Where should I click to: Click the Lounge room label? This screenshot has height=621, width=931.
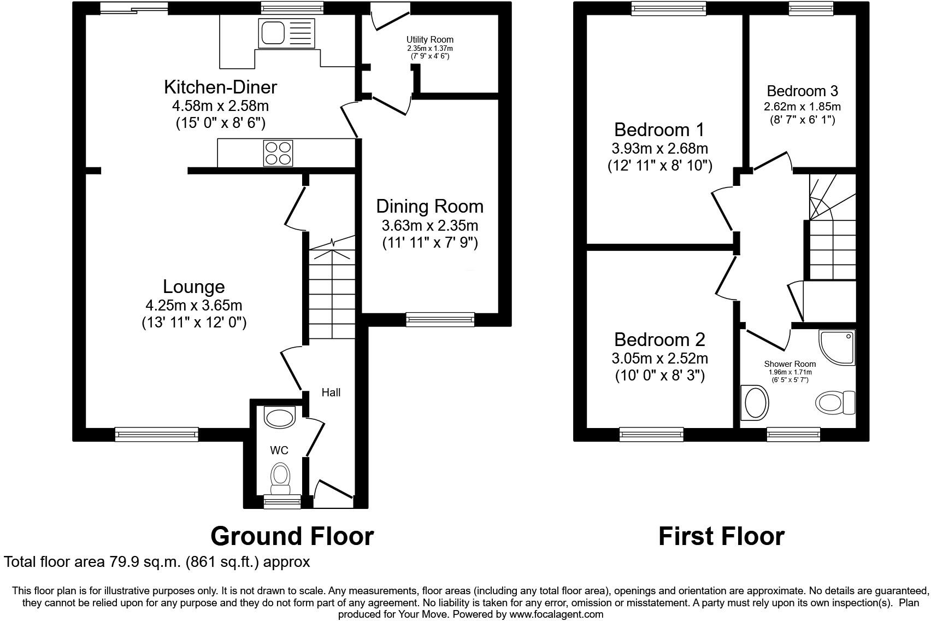tap(194, 287)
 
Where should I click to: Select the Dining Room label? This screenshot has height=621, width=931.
tap(430, 207)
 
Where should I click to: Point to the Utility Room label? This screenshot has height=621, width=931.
tap(430, 39)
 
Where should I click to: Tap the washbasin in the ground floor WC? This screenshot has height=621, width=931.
tap(279, 417)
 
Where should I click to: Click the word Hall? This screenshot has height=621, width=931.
tap(331, 392)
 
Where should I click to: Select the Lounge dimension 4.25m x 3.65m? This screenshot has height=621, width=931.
tap(194, 305)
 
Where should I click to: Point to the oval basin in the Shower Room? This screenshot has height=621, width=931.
tap(755, 402)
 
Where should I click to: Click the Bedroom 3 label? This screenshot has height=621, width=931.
tap(802, 91)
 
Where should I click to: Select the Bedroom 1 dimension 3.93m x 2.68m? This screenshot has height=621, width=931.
tap(659, 148)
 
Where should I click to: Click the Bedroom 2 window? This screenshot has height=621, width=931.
tap(651, 434)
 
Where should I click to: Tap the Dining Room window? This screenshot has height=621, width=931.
tap(440, 319)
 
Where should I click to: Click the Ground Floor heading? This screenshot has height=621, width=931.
tap(292, 536)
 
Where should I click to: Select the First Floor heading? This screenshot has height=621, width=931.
tap(721, 536)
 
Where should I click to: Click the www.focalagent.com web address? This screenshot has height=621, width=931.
tap(556, 614)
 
